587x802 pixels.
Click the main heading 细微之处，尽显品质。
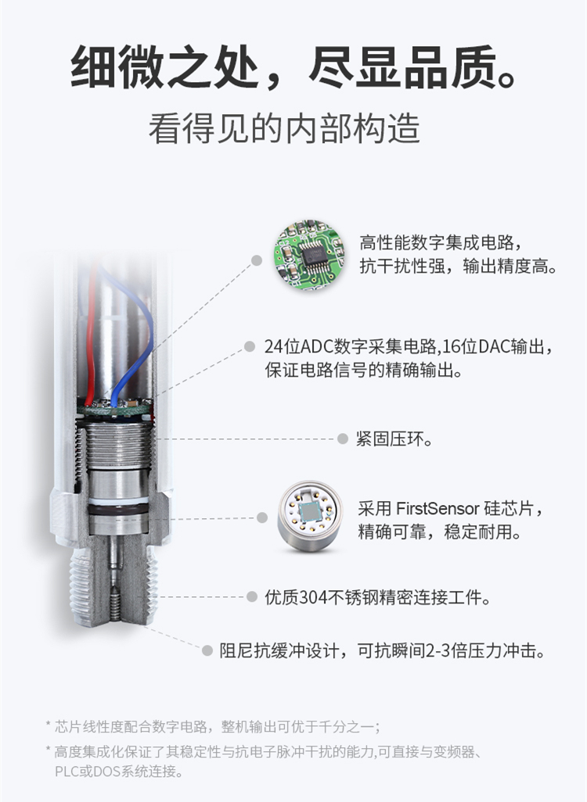coord(294,68)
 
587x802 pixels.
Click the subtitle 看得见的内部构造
coord(284,128)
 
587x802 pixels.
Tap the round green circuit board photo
coord(309,256)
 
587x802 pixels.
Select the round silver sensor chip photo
coord(309,516)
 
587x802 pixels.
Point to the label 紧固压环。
coord(394,439)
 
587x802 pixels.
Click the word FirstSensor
coord(438,508)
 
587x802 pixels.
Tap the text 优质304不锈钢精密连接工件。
coord(377,597)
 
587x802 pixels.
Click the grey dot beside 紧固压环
coord(343,439)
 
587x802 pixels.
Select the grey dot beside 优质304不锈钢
coord(251,596)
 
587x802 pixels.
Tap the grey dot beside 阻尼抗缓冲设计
coord(207,650)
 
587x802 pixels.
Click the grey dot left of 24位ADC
coord(250,347)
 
